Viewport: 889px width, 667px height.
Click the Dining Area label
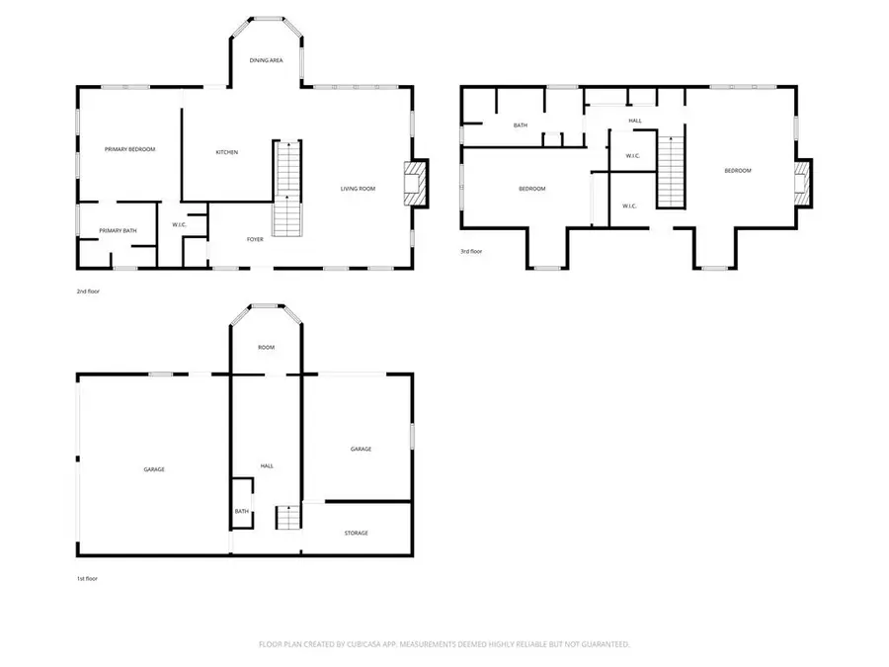[x=266, y=60]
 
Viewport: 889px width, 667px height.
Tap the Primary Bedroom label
[x=129, y=149]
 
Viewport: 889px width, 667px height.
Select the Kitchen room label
[x=227, y=152]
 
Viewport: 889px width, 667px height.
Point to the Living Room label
[x=358, y=189]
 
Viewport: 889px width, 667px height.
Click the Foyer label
[x=255, y=239]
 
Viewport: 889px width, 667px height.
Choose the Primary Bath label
[x=118, y=231]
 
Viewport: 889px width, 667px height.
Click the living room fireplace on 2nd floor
[x=415, y=183]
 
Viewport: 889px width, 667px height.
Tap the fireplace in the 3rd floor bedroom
[x=802, y=183]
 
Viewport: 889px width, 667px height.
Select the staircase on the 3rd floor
[x=672, y=172]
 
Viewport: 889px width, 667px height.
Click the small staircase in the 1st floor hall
[x=288, y=517]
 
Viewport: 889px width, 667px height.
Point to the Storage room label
[x=356, y=534]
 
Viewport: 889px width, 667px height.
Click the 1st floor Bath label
[x=242, y=512]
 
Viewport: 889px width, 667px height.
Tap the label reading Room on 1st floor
[x=266, y=347]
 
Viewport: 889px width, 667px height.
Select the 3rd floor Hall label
[x=635, y=121]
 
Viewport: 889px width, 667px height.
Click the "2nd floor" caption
[x=88, y=292]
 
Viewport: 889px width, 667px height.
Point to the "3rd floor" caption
[x=471, y=251]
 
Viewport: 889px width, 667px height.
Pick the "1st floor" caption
[x=87, y=578]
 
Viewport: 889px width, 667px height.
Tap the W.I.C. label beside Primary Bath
[x=179, y=225]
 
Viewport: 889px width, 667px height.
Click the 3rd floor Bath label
[x=521, y=125]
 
